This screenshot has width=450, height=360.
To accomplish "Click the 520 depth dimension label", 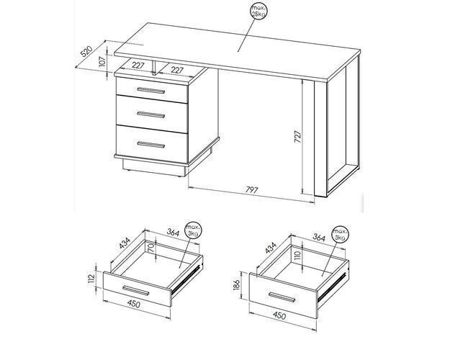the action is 86,51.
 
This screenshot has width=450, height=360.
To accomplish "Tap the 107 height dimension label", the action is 102,62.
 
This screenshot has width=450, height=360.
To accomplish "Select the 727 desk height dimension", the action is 297,137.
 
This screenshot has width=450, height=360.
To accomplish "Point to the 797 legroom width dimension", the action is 252,190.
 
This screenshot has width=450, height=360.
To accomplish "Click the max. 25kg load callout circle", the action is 259,11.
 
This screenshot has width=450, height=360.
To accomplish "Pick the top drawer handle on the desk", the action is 151,91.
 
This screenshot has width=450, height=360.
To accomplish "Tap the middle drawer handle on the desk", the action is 151,114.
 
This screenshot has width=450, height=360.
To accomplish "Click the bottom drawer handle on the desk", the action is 151,145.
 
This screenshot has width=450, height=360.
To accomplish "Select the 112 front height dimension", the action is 91,279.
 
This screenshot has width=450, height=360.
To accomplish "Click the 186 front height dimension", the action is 236,285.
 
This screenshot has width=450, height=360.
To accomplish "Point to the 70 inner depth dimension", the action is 151,247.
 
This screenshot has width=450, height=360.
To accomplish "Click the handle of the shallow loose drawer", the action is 136,291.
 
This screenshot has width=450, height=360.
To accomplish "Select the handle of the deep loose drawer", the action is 282,297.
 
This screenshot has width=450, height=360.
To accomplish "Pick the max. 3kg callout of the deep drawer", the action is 341,234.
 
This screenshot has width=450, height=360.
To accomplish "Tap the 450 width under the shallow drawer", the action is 134,303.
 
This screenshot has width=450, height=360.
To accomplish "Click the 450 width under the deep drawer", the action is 279,316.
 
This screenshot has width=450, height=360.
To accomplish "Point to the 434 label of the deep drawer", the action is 271,248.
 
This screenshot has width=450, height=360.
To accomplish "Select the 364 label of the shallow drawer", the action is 173,233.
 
